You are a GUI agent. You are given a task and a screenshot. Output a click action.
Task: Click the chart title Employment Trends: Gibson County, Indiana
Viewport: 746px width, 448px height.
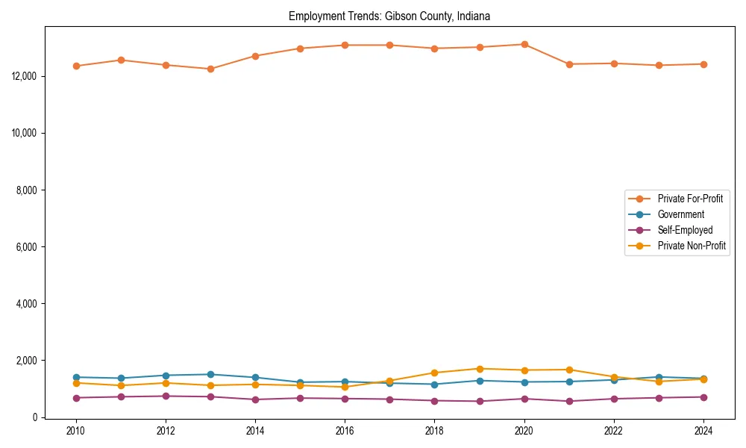click(389, 16)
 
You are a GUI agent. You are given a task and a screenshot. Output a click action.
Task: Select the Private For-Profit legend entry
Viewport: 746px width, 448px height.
click(684, 199)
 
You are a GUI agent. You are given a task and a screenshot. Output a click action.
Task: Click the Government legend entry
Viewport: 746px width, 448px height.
click(680, 214)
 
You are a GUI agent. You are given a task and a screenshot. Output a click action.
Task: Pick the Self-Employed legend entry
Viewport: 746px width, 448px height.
click(685, 230)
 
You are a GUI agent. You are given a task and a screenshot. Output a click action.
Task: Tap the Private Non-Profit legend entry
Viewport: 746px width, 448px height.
click(692, 246)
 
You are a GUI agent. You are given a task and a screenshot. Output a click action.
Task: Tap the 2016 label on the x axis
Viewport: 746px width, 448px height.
click(345, 431)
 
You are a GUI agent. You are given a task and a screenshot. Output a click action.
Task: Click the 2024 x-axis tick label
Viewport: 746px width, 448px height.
click(703, 431)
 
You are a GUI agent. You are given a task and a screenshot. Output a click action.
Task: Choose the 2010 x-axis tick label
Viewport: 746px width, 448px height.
click(75, 431)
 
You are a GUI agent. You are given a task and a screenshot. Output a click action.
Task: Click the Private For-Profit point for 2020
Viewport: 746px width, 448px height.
click(524, 44)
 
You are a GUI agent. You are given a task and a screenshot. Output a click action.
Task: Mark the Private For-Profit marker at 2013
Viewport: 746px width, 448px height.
click(210, 69)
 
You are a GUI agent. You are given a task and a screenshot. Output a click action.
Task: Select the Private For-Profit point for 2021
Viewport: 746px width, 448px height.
click(569, 64)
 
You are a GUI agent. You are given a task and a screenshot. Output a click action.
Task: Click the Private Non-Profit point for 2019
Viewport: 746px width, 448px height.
click(480, 369)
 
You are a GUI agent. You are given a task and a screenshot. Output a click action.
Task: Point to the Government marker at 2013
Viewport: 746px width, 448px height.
click(210, 374)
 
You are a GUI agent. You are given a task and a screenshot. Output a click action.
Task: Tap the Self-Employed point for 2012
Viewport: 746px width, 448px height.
click(166, 396)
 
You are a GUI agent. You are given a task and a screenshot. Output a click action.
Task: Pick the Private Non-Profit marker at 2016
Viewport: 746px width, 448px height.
click(345, 387)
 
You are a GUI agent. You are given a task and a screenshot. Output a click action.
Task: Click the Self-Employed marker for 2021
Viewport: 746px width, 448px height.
click(569, 401)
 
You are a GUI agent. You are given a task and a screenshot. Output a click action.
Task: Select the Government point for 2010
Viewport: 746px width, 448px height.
click(76, 377)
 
